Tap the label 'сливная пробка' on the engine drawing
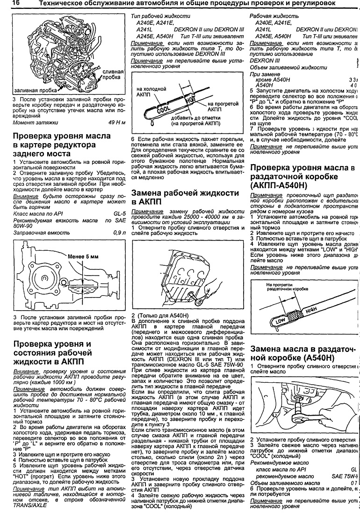113,75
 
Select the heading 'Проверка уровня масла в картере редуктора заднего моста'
62,145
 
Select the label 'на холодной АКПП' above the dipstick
152,91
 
